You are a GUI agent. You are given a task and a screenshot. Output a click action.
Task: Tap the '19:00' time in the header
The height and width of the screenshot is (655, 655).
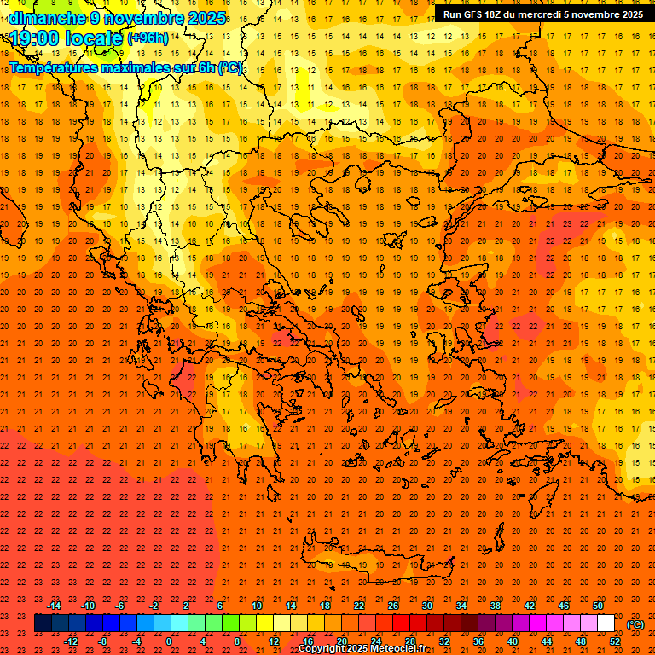[35, 38]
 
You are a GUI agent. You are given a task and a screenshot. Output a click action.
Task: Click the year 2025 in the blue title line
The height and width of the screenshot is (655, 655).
[206, 18]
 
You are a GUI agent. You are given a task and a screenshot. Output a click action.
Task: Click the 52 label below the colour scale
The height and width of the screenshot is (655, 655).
[615, 641]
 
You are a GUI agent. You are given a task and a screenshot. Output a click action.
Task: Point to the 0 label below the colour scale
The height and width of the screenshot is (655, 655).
[169, 641]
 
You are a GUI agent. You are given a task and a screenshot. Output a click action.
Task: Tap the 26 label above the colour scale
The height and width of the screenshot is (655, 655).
[393, 606]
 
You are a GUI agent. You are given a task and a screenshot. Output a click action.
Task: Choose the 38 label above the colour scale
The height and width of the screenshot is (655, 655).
[496, 606]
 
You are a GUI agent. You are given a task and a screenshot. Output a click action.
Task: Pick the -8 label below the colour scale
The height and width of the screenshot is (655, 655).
[102, 641]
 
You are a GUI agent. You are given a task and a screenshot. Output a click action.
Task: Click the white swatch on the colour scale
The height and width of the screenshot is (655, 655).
[606, 623]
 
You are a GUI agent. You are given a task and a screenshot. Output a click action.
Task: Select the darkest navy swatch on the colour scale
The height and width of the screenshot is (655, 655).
[43, 623]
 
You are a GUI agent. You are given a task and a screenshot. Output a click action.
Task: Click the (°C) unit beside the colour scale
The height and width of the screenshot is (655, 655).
[635, 624]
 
